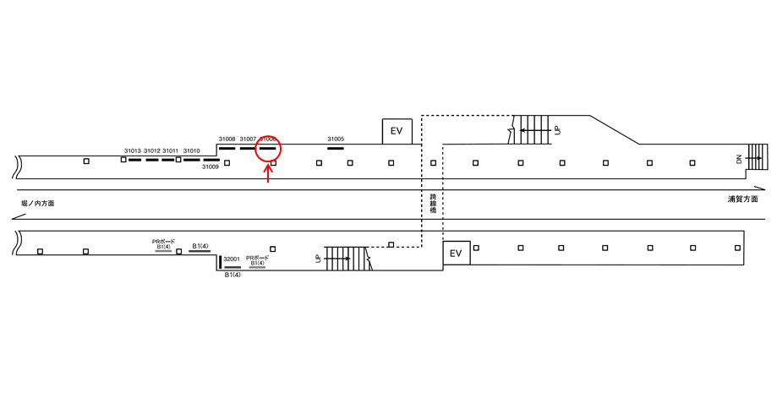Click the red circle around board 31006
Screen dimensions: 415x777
(x=268, y=149)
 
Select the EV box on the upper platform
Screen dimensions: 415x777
(x=397, y=131)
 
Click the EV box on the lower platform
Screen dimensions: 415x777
(x=455, y=253)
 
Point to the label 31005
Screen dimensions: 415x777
(x=336, y=139)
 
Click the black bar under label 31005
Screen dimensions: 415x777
(x=336, y=148)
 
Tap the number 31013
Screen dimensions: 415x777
(x=132, y=150)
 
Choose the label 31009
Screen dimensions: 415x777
(x=210, y=167)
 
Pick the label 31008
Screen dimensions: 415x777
(x=227, y=139)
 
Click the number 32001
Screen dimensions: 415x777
(x=232, y=259)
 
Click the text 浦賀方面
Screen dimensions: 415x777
(x=742, y=199)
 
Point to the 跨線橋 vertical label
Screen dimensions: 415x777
(x=432, y=203)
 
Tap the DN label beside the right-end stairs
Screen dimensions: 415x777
(x=738, y=158)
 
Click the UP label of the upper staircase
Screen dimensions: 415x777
(x=556, y=130)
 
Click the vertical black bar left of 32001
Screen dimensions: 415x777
(x=219, y=261)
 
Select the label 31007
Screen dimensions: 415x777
(x=248, y=139)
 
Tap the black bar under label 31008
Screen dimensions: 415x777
(x=227, y=148)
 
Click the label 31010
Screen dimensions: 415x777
(x=191, y=150)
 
